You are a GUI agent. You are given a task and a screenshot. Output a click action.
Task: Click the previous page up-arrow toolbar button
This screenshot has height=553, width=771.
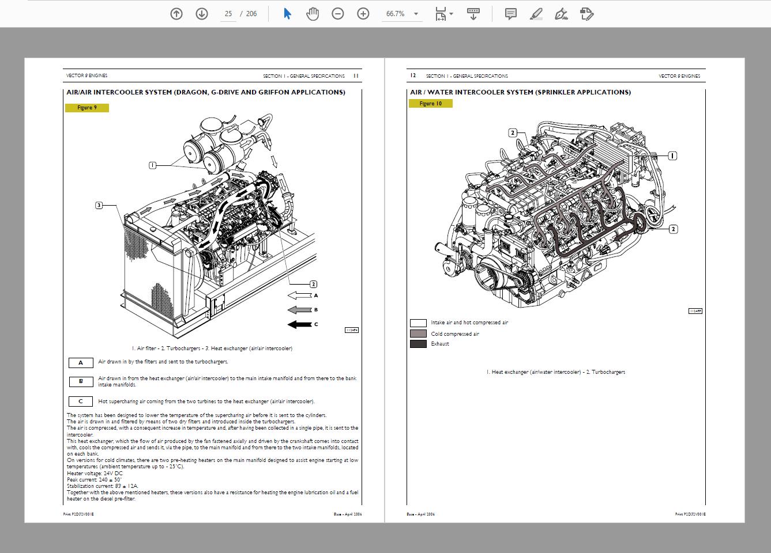coord(176,14)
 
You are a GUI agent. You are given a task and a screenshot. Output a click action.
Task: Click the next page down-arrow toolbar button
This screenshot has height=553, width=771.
coord(202,14)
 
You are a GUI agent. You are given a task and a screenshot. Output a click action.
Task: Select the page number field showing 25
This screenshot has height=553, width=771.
coord(228,14)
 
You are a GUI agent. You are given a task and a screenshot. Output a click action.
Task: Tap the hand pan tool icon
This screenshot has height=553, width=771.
coord(312,14)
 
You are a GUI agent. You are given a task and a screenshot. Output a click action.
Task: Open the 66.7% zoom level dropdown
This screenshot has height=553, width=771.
coord(416,14)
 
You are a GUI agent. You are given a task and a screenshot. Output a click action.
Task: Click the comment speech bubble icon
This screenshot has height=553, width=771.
coord(510,14)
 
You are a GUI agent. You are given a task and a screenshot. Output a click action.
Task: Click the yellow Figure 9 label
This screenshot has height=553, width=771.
coord(87,108)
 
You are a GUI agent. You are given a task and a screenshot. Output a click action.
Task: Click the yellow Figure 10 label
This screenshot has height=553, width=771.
coord(431,104)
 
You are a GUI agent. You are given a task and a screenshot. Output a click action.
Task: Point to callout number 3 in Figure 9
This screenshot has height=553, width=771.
coord(99,205)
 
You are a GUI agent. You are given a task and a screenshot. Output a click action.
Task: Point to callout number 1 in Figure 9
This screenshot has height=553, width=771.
coord(152,165)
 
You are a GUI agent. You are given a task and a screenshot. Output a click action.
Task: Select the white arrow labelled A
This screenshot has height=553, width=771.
coord(299,296)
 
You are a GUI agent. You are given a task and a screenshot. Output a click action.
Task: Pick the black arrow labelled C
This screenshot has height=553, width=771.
coord(299,324)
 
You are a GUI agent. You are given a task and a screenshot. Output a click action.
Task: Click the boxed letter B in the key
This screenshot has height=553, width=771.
coord(81,381)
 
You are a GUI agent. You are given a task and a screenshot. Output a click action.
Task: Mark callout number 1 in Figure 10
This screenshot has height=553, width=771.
coord(672,156)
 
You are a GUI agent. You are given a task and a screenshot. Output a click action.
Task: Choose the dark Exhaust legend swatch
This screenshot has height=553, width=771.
coord(418,344)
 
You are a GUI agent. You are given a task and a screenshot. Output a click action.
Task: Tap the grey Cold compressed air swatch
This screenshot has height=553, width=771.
coord(418,334)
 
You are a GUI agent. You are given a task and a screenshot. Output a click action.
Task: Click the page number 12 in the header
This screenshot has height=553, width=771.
coord(413,75)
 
